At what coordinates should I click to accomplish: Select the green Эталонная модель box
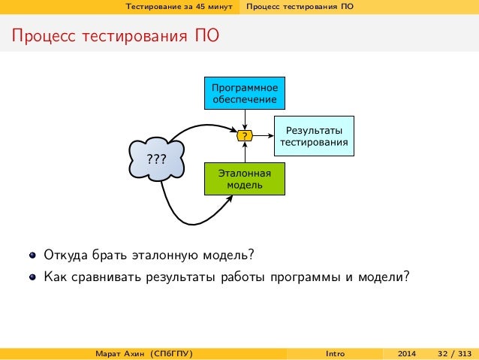point(245,178)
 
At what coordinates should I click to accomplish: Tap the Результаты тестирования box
point(313,136)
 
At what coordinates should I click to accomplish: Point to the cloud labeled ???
point(156,158)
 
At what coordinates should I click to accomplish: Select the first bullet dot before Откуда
point(32,253)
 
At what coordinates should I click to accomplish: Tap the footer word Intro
point(336,353)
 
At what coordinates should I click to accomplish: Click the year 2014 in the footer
point(407,353)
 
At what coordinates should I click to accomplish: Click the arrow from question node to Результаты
point(264,136)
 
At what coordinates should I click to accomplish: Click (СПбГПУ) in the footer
point(170,353)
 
